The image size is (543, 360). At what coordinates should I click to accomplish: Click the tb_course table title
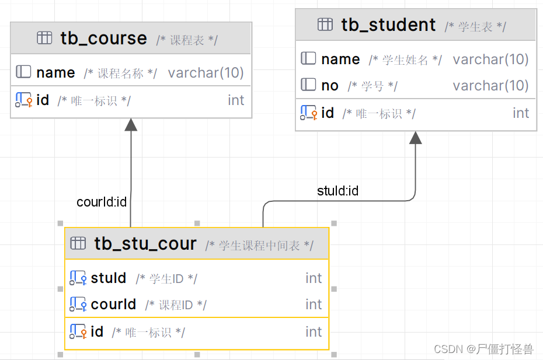click(x=103, y=39)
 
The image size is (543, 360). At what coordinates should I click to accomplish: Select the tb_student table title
click(x=388, y=25)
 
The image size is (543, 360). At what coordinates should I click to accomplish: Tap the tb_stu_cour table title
click(x=145, y=243)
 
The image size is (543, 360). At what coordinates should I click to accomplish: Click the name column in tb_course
click(x=55, y=73)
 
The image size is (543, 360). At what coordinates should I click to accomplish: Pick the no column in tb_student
click(x=330, y=86)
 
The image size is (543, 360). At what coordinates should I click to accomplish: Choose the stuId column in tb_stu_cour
click(x=109, y=278)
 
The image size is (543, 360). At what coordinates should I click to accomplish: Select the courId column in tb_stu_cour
click(x=113, y=304)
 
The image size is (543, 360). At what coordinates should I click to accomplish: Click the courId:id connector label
click(x=102, y=202)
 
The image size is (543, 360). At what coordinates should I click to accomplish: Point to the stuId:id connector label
click(x=337, y=191)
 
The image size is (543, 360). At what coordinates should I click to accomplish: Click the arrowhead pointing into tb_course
click(x=131, y=125)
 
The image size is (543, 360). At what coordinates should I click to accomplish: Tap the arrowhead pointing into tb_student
click(x=415, y=138)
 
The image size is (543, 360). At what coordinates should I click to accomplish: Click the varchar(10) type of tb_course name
click(x=206, y=73)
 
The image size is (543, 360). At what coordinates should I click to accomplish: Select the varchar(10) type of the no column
click(x=490, y=86)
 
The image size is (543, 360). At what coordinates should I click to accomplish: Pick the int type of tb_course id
click(x=236, y=100)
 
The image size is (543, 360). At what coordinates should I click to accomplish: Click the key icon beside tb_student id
click(x=308, y=113)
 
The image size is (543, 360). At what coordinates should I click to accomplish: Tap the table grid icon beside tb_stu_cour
click(x=78, y=243)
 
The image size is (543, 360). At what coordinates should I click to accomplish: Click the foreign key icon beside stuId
click(x=78, y=278)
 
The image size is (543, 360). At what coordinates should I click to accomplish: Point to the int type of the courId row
click(x=314, y=304)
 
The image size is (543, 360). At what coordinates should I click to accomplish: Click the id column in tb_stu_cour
click(x=97, y=332)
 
